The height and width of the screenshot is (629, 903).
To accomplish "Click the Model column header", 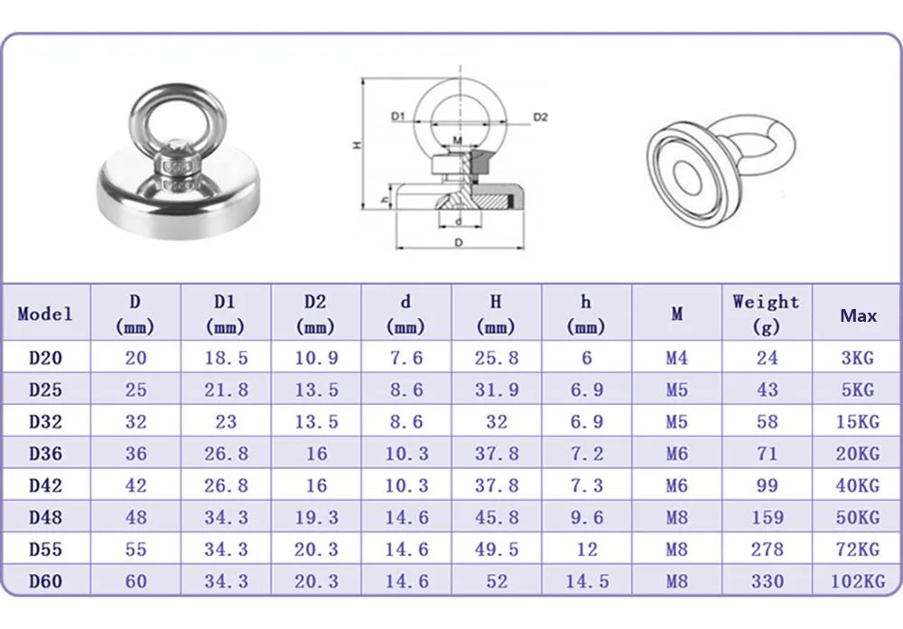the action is pos(45,314).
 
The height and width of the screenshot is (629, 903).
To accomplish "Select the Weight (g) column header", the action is pos(766,314).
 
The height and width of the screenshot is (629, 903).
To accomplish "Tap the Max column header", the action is pos(858,315).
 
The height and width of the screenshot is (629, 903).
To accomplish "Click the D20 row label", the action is pos(45,358).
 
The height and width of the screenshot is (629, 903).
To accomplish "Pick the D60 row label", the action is pos(45,581).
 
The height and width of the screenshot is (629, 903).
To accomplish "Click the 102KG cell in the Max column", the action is pos(858,581).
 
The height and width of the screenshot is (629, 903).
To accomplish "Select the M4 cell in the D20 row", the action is pos(676,358).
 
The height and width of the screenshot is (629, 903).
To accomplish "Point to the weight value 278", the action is pos(767,549).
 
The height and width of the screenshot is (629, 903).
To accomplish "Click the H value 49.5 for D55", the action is pos(497,549).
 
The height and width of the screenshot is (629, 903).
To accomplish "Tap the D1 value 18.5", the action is pos(226,358).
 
